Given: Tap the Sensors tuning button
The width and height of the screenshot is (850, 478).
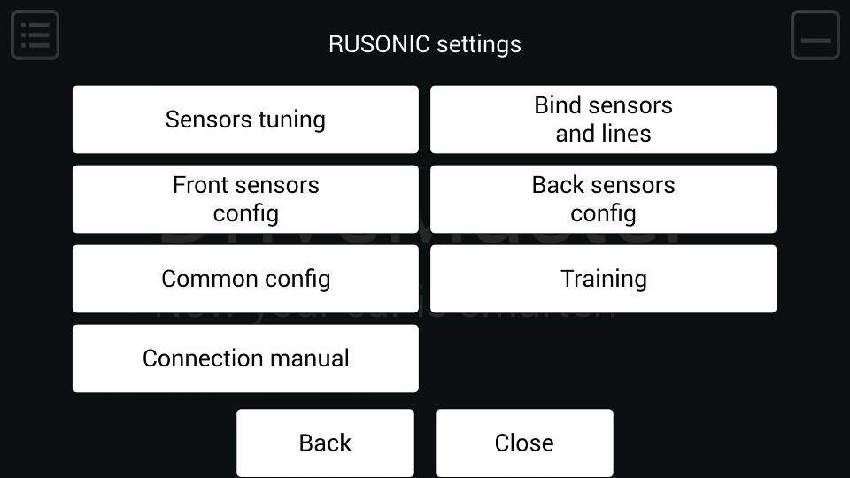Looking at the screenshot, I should [245, 119].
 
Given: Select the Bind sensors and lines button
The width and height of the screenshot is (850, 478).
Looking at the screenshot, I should [603, 119].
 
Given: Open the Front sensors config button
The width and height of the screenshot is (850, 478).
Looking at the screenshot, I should [245, 199].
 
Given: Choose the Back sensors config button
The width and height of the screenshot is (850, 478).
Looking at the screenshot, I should [603, 199].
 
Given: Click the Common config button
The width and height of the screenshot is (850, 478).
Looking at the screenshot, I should [245, 279].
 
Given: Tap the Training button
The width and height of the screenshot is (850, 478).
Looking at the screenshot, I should [603, 279].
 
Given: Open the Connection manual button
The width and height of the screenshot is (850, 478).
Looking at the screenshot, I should [245, 358].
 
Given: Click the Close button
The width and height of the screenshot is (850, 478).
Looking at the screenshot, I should [524, 443].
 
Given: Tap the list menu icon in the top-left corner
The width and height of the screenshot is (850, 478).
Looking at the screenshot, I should [35, 35].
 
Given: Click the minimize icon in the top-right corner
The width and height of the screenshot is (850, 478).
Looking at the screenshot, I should [815, 35].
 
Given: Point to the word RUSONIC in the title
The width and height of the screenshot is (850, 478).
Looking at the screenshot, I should [379, 44].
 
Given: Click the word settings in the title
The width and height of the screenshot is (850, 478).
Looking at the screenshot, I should [479, 44].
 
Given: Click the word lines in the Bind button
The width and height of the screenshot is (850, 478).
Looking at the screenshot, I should [627, 134].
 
